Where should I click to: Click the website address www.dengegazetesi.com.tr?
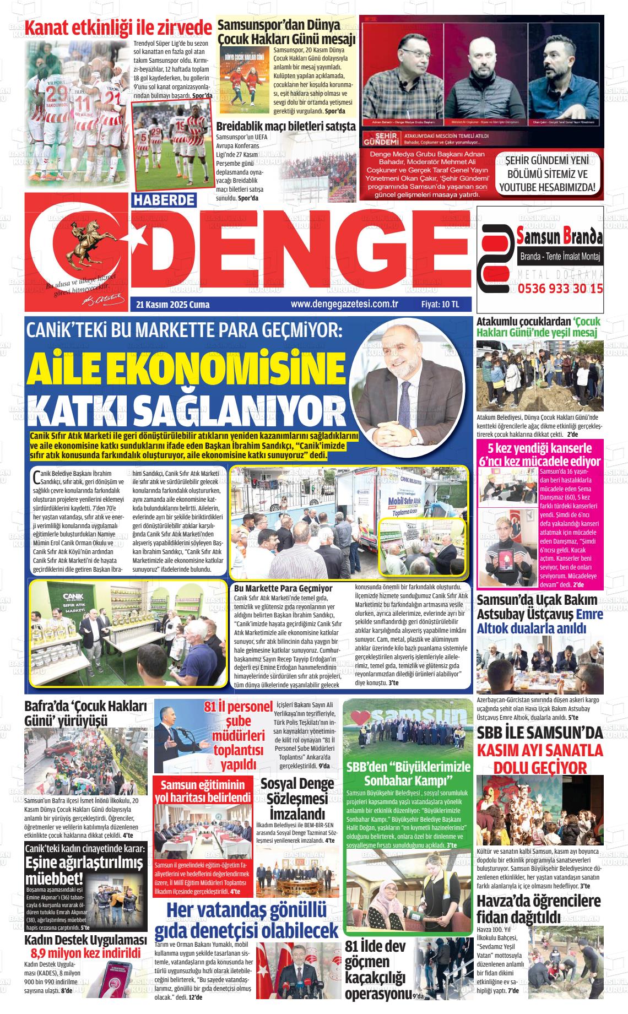click(344, 304)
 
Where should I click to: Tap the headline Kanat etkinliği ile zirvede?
click(118, 28)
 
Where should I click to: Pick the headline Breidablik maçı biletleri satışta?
click(285, 126)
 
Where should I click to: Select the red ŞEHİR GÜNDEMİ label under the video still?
click(378, 138)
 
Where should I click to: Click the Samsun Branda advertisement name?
click(560, 237)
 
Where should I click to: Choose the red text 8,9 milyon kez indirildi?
click(86, 953)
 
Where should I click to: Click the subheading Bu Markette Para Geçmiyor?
click(283, 589)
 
